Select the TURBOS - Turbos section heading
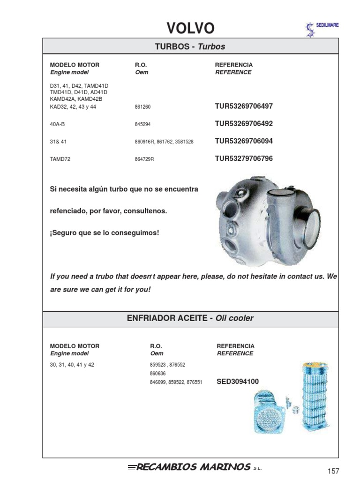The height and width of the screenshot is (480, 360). tap(190, 46)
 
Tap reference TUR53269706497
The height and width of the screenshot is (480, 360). tap(243, 106)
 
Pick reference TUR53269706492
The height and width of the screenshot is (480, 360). tap(243, 124)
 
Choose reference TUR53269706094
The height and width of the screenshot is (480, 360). tap(243, 141)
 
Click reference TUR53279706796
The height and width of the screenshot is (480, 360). tap(243, 158)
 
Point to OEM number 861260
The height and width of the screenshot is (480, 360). tap(142, 107)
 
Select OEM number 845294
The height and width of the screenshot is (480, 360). tap(142, 125)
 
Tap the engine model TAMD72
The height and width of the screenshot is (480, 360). tap(60, 159)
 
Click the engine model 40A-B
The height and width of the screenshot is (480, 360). tap(58, 125)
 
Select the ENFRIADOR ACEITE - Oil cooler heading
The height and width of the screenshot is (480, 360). tap(190, 318)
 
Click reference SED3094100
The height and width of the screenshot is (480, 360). tap(237, 382)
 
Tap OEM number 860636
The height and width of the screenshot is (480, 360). tap(158, 374)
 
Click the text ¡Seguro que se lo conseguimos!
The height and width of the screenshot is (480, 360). tap(105, 232)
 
